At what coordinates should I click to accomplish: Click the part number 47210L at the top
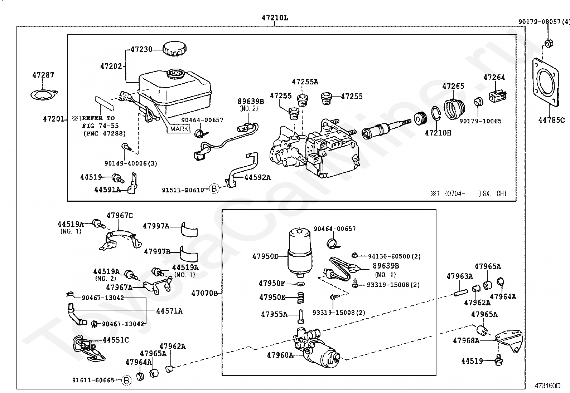tap(275, 18)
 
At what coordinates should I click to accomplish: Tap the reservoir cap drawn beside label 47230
tap(175, 49)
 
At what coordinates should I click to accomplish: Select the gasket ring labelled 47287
tap(44, 95)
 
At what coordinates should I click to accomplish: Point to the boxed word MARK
tap(179, 129)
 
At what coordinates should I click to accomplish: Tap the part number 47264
tap(494, 77)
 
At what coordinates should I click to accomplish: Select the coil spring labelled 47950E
tap(300, 298)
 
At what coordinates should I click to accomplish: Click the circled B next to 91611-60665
tap(126, 380)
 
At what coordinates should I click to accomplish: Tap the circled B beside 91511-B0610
tap(214, 188)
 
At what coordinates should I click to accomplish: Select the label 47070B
tap(204, 293)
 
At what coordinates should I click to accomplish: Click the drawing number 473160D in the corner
tap(547, 385)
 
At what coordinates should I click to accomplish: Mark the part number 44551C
tap(116, 340)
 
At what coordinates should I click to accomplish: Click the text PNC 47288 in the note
tap(105, 133)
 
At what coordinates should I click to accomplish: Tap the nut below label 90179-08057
tap(549, 44)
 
